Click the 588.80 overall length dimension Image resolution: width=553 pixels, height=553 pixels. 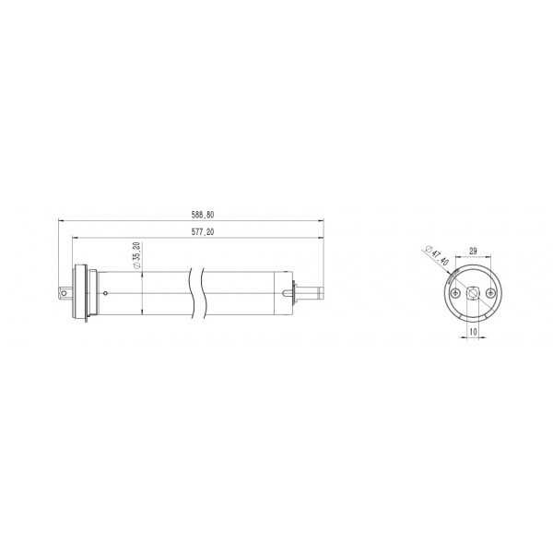tap(203, 215)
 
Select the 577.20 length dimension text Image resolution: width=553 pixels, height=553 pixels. tap(203, 231)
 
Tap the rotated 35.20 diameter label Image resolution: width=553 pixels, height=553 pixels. tap(136, 255)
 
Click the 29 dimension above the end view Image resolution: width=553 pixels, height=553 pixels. tap(473, 251)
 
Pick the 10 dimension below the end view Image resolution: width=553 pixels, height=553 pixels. tap(473, 332)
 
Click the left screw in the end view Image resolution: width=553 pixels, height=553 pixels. tap(456, 293)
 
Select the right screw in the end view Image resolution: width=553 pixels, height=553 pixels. tap(490, 293)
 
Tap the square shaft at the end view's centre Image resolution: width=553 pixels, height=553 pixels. tap(473, 293)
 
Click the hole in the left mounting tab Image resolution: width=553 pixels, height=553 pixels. tap(64, 293)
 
